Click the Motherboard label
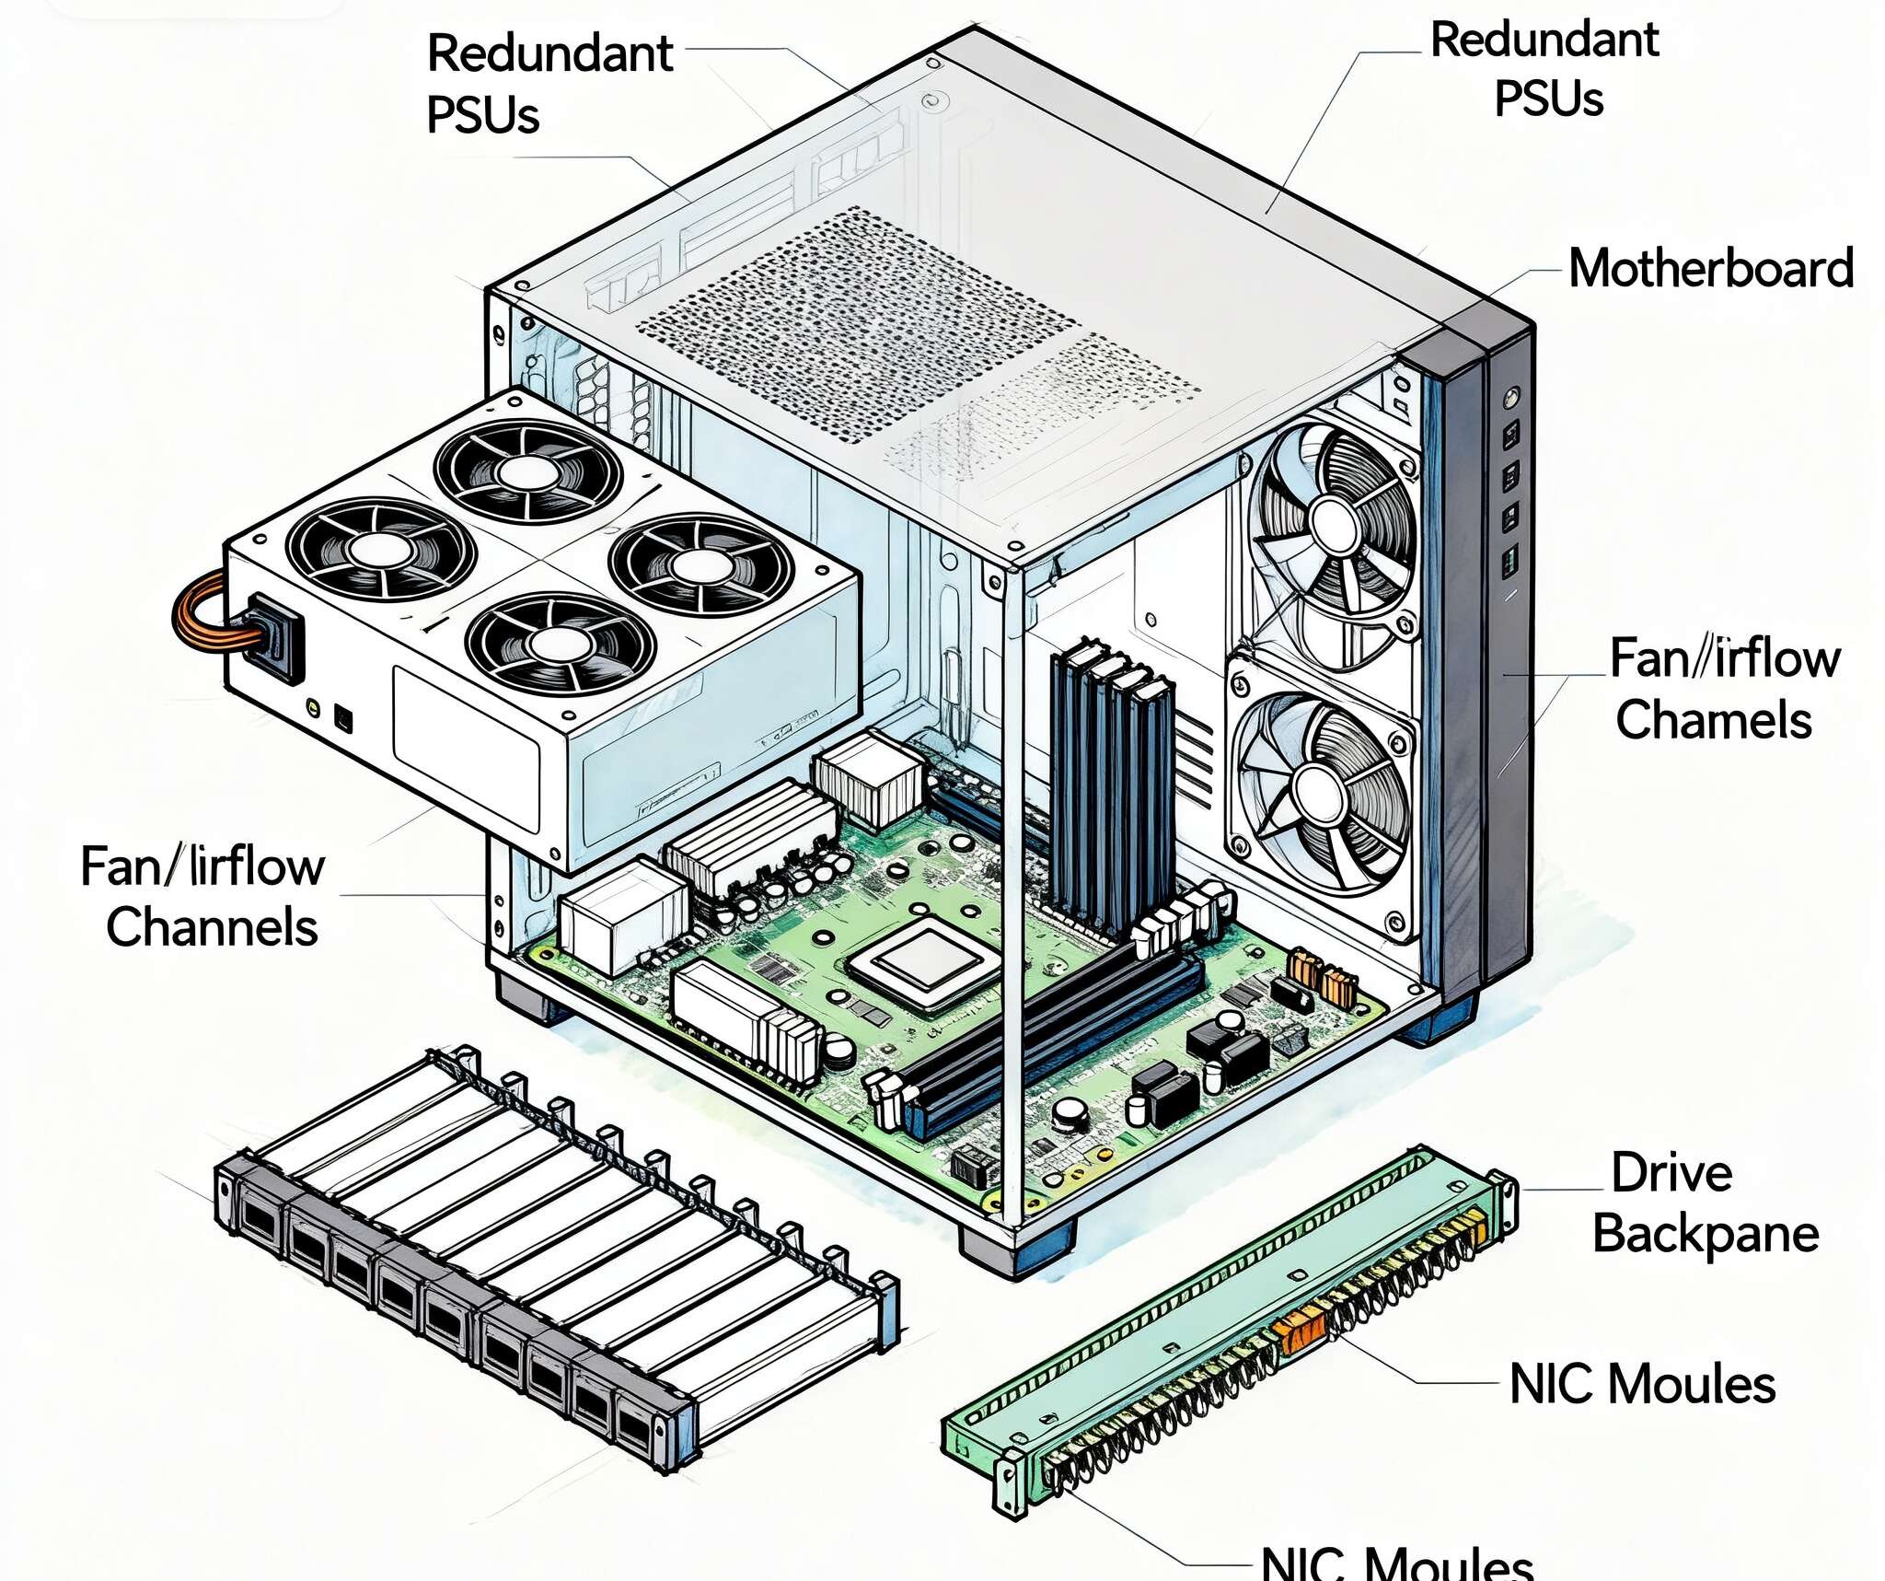click(x=1710, y=269)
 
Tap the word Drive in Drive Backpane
click(x=1671, y=1173)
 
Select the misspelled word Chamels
click(x=1714, y=720)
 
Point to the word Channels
click(x=212, y=926)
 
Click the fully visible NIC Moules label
click(x=1642, y=1384)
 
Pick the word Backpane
click(x=1706, y=1235)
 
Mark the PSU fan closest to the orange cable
click(x=379, y=548)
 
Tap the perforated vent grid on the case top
click(x=856, y=322)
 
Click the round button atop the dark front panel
click(x=1509, y=398)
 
